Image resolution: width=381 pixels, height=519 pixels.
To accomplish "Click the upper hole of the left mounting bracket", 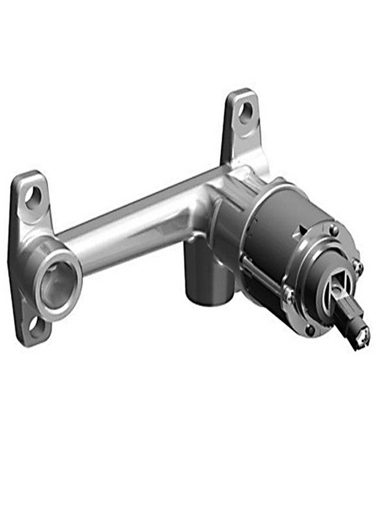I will pos(33,197).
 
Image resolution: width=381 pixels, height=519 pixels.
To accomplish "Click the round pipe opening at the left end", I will pos(56,286).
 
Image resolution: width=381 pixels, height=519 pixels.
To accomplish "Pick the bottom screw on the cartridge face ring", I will pos(311,330).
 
